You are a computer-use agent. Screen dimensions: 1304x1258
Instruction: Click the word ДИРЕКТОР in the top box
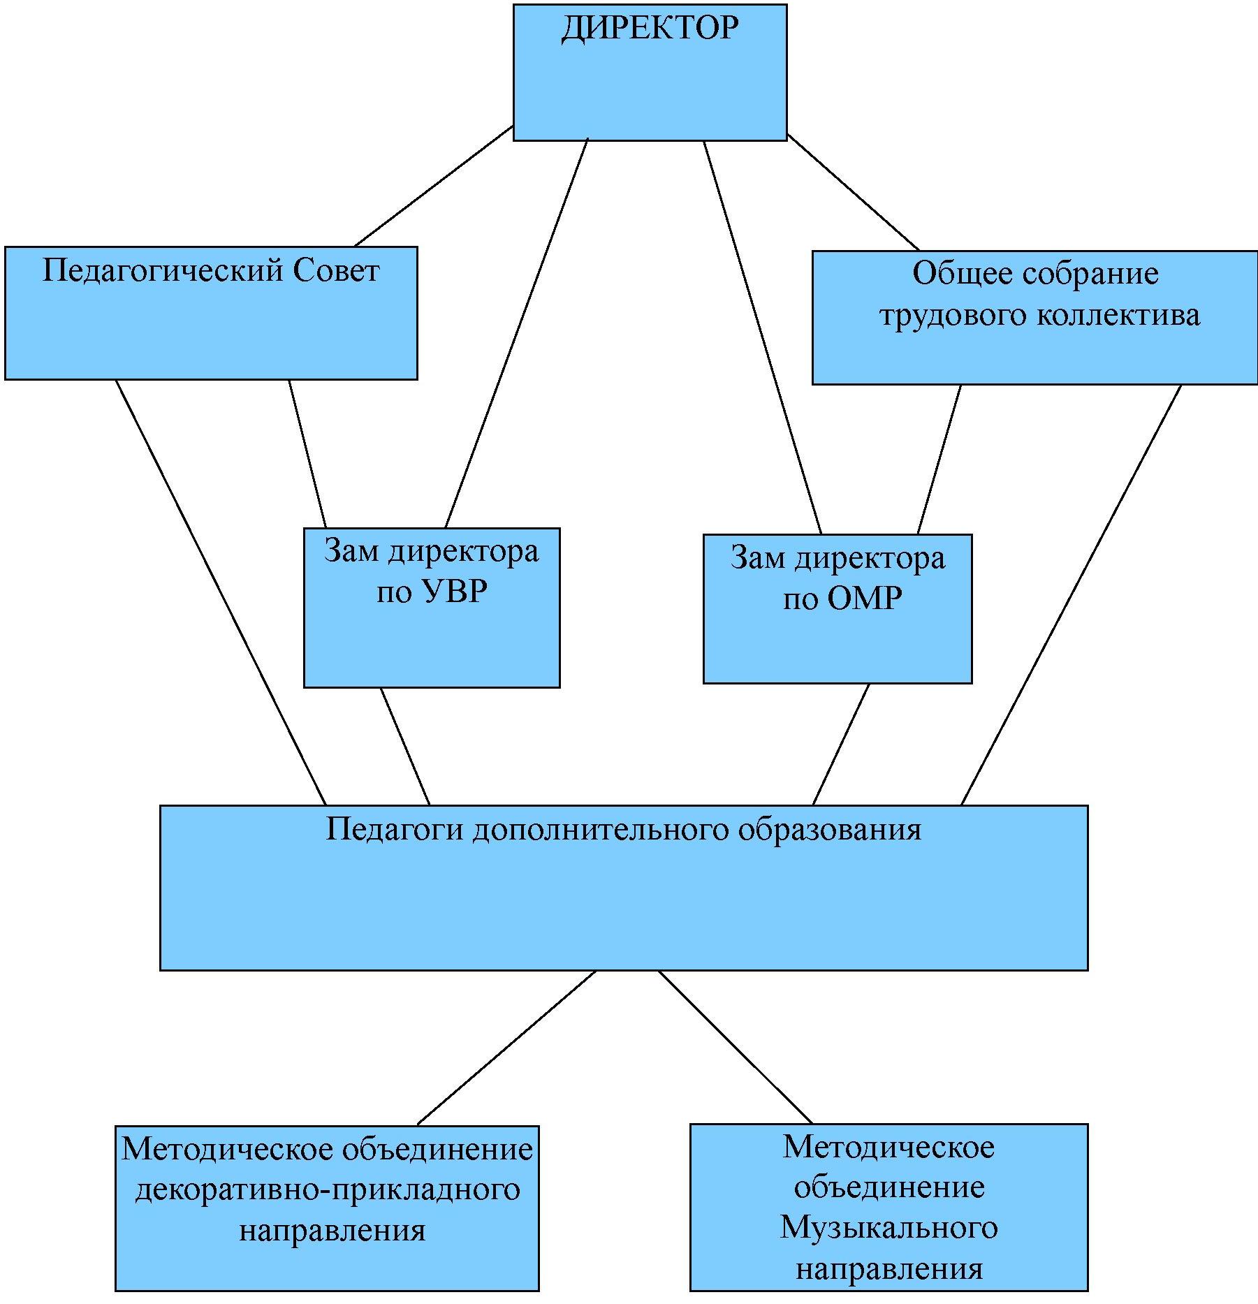coord(650,29)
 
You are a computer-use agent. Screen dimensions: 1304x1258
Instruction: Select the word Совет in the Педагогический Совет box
coord(336,271)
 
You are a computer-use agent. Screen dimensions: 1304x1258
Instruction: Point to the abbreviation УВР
coord(454,592)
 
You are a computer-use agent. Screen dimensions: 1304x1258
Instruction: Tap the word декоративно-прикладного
coord(328,1189)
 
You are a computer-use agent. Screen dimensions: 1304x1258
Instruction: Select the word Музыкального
coord(888,1227)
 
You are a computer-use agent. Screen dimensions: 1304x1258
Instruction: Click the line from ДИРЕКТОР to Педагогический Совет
coord(434,186)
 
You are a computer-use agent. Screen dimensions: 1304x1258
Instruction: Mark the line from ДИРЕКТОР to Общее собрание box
coord(853,192)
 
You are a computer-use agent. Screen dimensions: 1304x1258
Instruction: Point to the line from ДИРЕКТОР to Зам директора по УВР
coord(517,333)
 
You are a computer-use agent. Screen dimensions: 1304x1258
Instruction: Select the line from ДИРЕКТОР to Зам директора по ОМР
coord(762,337)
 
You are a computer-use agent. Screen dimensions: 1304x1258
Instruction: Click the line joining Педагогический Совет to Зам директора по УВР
coord(307,453)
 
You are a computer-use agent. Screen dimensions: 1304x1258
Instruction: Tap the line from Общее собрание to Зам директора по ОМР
coord(939,460)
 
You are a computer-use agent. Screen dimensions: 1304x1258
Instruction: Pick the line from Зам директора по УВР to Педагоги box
coord(404,746)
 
